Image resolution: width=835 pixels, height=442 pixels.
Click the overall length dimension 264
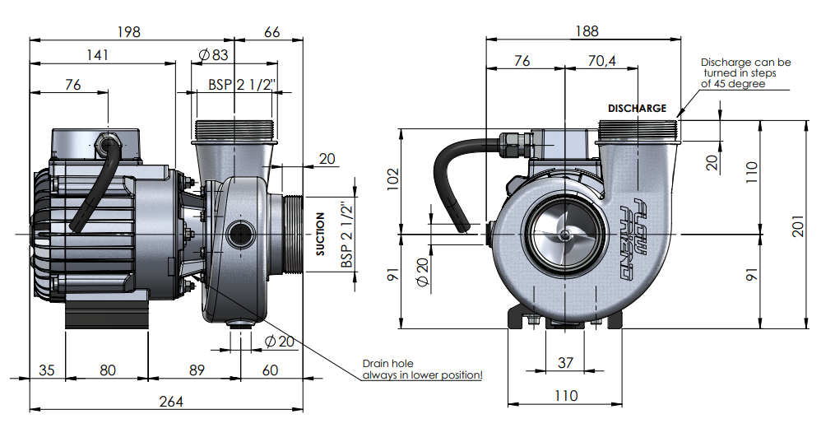170,401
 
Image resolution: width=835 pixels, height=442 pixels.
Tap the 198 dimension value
129,32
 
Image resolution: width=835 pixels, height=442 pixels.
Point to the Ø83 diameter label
213,55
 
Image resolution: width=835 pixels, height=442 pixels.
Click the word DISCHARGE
637,108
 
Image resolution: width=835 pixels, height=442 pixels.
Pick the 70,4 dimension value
602,61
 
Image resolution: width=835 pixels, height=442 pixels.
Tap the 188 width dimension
587,31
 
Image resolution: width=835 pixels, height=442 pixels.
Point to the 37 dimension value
565,362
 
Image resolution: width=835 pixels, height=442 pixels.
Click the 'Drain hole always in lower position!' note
422,370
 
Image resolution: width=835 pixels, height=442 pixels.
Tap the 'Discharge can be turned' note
745,72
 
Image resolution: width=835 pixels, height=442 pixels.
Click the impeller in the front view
566,234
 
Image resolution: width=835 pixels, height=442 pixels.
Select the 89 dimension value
197,370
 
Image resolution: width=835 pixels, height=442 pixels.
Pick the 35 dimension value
47,370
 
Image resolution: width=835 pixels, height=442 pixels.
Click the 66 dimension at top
272,32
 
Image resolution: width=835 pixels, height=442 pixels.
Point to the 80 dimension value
108,370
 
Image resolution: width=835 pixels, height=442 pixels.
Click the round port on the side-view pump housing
240,234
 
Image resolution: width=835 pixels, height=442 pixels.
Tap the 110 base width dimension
565,395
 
